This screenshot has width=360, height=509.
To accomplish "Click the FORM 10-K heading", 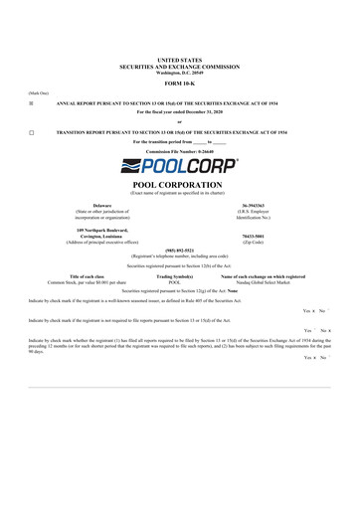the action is pos(179,82).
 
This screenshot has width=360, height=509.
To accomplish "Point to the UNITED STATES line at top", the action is pos(179,61).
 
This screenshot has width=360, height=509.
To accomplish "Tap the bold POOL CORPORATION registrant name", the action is pos(179,185).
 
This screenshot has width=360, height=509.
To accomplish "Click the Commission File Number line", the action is pos(179,151).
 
